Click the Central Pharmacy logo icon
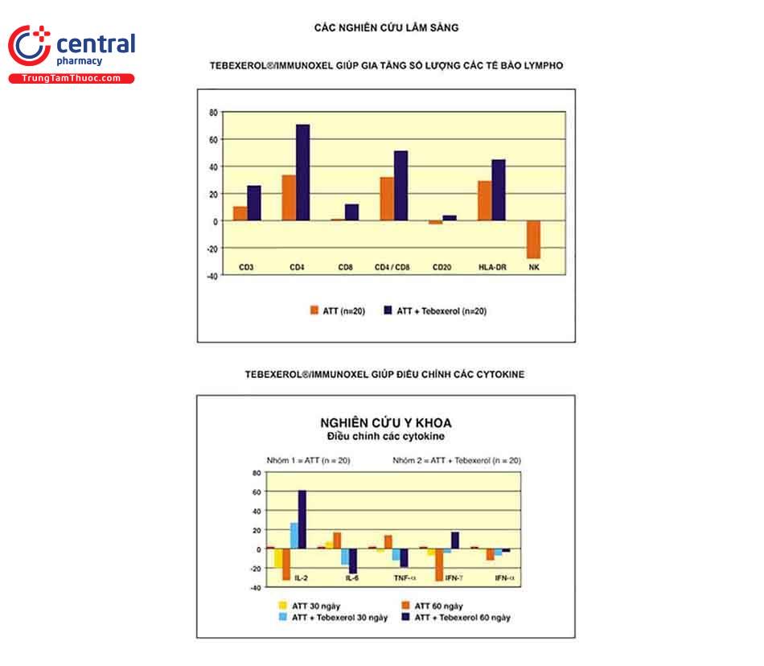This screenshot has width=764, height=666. coord(29,46)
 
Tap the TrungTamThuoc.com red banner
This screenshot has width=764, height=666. coord(72,78)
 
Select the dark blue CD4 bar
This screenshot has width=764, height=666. coord(302,172)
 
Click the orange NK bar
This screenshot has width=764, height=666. coord(533,240)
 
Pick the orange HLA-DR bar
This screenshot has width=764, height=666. coord(484,200)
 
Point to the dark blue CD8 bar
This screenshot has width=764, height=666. coord(351,212)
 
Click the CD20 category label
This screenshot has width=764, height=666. coord(443,266)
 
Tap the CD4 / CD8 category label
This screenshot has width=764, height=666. coord(392,266)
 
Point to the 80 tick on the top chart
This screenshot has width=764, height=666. coord(212,113)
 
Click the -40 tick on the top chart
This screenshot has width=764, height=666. coord(211,275)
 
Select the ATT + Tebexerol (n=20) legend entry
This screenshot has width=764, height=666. coord(441,310)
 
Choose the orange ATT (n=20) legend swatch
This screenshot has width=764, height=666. coord(315,310)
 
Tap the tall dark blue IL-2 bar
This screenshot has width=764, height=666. coord(302,520)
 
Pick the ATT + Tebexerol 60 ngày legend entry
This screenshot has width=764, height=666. coord(454,618)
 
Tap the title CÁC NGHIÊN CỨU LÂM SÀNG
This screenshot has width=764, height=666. coord(386,27)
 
